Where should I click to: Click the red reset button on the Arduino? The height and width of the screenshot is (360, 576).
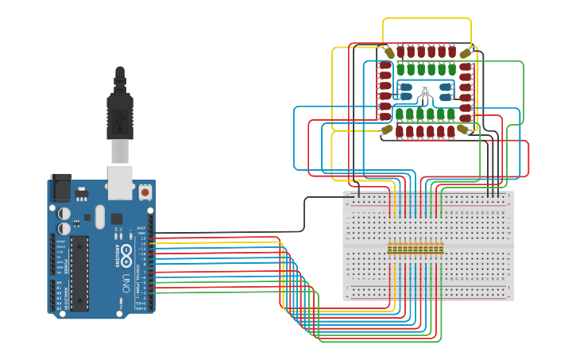(145, 192)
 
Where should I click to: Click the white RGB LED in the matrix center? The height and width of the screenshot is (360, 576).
(425, 90)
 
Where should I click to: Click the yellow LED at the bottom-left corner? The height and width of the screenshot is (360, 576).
(387, 129)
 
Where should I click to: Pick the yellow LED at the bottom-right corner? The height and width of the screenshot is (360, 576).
(464, 129)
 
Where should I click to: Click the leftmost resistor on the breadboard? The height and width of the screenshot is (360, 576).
(390, 249)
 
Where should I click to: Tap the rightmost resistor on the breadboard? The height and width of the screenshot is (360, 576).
(440, 249)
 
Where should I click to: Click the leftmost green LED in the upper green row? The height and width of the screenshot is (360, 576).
(401, 70)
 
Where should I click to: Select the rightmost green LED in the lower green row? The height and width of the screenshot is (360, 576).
(450, 114)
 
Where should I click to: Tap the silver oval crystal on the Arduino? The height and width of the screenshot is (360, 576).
(99, 215)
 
